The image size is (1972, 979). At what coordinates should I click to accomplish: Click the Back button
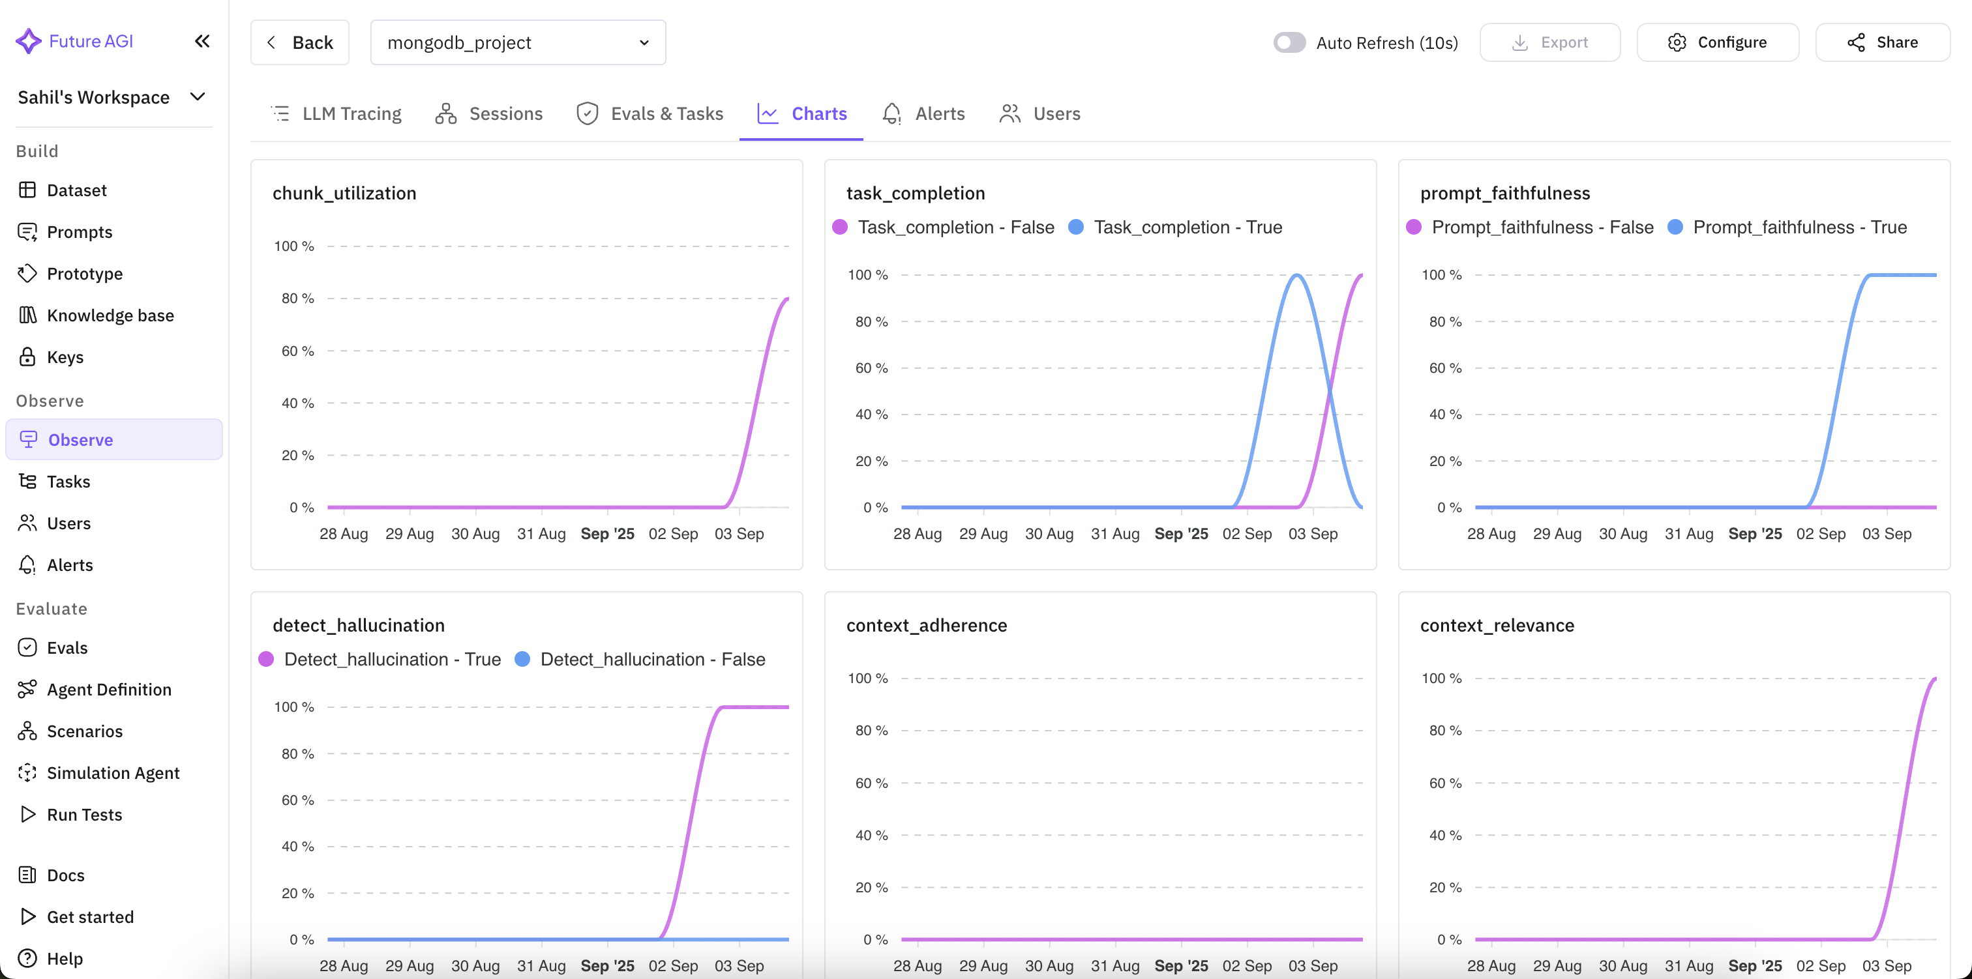(299, 42)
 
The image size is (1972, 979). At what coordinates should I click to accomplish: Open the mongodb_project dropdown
(518, 42)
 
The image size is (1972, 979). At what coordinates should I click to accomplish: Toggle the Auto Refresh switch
(1289, 42)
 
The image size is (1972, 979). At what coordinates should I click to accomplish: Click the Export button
(1549, 42)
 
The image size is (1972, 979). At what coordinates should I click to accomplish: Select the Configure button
(1717, 42)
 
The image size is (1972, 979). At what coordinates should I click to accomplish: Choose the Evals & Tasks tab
(650, 114)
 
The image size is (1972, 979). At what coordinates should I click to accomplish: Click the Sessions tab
(489, 114)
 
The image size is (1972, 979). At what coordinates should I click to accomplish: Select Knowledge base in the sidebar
(110, 315)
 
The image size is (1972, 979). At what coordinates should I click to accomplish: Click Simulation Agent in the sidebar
(113, 773)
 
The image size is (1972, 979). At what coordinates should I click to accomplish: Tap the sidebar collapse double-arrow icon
(202, 41)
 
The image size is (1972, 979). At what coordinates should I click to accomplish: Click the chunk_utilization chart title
(344, 193)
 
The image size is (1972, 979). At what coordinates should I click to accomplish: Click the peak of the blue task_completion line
(1297, 276)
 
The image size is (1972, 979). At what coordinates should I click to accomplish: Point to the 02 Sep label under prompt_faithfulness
(1821, 534)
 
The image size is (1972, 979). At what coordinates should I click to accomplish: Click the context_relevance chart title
(1497, 625)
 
